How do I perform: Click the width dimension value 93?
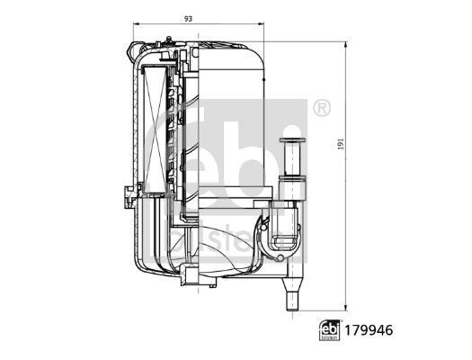[186, 17]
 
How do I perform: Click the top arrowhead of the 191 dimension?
[349, 43]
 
